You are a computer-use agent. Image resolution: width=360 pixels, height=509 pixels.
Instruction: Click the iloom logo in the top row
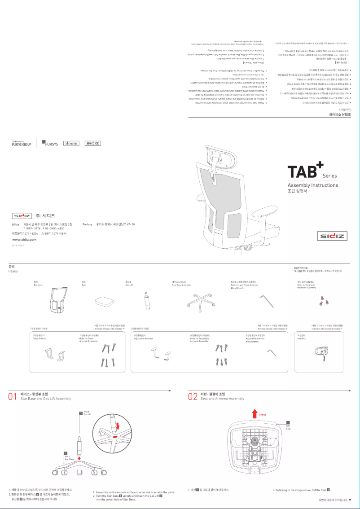(71, 143)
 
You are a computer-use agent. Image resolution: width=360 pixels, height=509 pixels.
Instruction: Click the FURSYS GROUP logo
(22, 144)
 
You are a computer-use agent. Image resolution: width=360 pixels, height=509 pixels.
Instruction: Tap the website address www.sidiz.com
(24, 240)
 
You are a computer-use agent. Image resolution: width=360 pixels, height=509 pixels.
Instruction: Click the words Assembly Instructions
(313, 185)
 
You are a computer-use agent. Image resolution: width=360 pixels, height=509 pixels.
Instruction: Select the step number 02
(193, 396)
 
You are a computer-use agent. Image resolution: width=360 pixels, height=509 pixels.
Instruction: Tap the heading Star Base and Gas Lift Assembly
(46, 399)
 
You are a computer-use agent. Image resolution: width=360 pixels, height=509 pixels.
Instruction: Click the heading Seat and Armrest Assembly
(222, 399)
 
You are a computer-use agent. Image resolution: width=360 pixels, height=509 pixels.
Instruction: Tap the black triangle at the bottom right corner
(351, 500)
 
